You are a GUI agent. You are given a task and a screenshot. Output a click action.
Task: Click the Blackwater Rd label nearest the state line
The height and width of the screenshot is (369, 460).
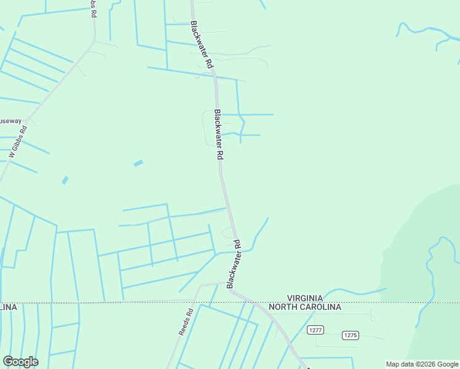point(234,264)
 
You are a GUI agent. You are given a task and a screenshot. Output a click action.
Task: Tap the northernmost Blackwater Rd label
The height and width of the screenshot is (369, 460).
point(202,45)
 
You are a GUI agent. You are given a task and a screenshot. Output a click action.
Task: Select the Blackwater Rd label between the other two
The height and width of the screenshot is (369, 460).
point(218,134)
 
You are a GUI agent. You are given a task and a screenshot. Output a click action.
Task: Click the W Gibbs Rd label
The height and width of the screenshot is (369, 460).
point(18,143)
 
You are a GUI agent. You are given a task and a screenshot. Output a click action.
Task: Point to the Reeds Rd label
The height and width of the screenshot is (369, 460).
point(186,321)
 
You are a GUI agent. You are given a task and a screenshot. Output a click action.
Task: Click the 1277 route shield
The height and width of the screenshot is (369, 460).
point(316,330)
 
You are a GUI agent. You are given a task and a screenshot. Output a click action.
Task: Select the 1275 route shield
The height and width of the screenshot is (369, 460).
point(350,335)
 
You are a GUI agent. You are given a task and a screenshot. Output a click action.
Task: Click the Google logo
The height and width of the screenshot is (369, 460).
point(20,361)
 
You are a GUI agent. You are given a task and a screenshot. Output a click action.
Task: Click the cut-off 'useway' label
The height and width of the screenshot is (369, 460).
point(10,121)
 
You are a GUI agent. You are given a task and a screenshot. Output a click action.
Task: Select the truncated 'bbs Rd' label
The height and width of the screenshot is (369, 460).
point(94,9)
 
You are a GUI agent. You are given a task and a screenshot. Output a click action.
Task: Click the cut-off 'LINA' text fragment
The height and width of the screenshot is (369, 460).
point(8,307)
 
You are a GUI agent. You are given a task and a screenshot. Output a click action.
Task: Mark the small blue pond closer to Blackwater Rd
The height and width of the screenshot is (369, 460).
point(138,163)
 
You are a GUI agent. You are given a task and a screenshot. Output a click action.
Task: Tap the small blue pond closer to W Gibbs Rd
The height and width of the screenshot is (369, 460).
point(65,180)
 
